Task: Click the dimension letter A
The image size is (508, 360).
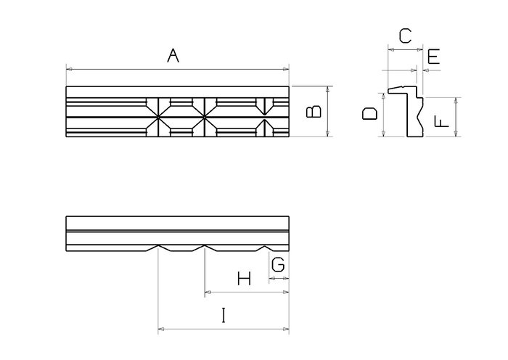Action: tap(173, 55)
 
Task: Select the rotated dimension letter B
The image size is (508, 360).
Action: tap(314, 112)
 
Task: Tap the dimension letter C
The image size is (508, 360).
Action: tap(405, 36)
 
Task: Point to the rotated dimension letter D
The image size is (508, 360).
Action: tap(369, 114)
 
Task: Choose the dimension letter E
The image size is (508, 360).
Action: tap(433, 57)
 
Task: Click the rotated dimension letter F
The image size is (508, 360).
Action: tap(441, 122)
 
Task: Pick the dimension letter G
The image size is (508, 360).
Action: tap(278, 264)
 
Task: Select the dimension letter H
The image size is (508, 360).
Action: tap(244, 278)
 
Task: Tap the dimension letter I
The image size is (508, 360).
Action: tap(224, 315)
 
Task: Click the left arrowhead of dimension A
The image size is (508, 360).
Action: tap(69, 69)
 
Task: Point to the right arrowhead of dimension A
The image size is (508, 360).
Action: tap(286, 69)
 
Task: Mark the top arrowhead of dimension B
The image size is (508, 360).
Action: tap(328, 89)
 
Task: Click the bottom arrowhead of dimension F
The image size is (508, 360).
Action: tap(456, 134)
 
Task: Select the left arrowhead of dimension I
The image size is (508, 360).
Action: tap(161, 330)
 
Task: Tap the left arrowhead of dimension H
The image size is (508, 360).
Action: tap(208, 292)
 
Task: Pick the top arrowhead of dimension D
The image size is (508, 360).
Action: tap(384, 96)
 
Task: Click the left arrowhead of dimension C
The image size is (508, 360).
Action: tap(391, 49)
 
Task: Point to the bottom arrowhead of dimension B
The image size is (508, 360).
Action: tap(328, 134)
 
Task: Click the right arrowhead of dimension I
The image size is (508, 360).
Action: tap(286, 330)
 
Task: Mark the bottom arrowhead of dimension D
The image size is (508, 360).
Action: tap(384, 134)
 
